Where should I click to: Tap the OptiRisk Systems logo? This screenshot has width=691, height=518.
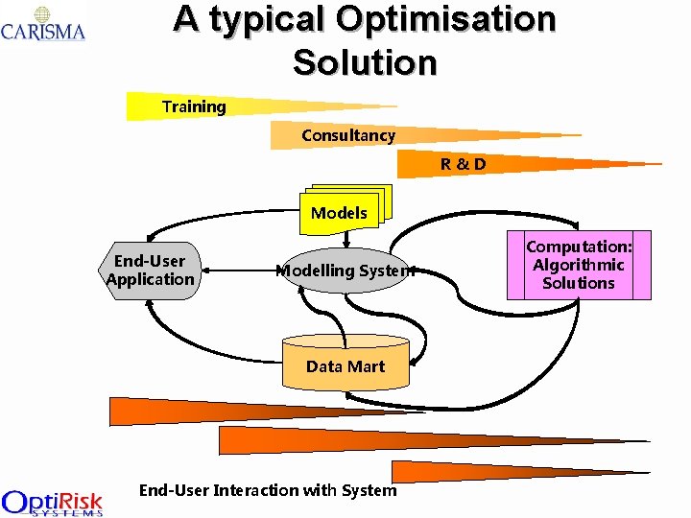coord(52,503)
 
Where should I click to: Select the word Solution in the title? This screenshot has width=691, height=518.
coord(365,62)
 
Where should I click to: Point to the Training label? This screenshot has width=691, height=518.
coord(194,106)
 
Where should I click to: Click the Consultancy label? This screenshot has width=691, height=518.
coord(348,135)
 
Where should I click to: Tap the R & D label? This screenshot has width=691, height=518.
coord(464,164)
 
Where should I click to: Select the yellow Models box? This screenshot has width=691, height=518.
coord(340,211)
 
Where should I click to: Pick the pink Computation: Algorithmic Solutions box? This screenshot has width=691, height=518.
coord(579,265)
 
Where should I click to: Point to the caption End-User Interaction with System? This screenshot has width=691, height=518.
coord(268,490)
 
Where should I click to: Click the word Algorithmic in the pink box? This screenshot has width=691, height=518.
coord(579,265)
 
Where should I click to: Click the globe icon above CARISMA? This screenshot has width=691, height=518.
coord(42,13)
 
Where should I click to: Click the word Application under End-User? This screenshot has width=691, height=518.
coord(150,279)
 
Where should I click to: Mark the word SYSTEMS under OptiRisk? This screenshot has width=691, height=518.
coord(67,512)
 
